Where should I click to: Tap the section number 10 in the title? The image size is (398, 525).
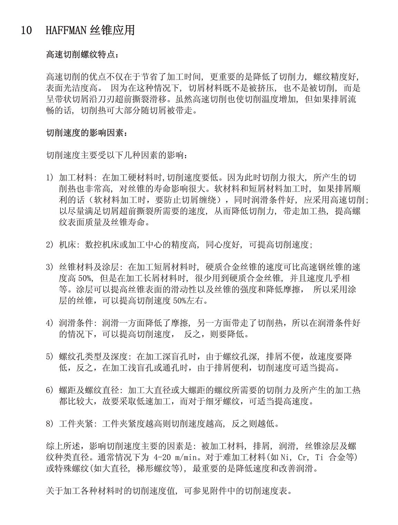(27, 30)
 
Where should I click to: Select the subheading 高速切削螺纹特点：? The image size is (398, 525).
(84, 55)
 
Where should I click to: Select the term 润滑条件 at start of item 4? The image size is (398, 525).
(76, 323)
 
